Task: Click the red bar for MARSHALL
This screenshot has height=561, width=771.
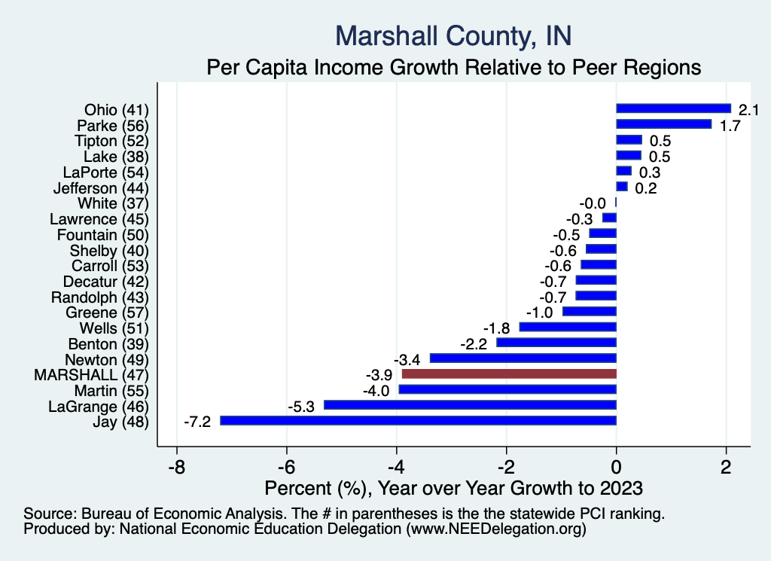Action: point(509,373)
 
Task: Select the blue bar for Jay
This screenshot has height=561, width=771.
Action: point(418,421)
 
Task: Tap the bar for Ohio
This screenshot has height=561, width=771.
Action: point(673,108)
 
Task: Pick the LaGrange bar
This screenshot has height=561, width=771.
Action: point(470,405)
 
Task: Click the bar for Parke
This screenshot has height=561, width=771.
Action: point(663,124)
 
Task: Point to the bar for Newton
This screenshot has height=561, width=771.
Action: point(523,358)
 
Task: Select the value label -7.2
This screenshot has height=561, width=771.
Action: point(197,422)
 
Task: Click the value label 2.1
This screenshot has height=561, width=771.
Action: point(748,110)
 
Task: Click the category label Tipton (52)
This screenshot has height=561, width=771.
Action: point(111,141)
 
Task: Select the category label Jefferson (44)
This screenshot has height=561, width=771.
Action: point(102,188)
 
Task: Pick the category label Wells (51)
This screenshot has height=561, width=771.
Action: point(114,328)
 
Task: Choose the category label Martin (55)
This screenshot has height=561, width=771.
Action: point(111,391)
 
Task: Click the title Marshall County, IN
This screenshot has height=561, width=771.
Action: point(453,35)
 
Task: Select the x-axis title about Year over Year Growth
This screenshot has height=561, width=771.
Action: point(453,487)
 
